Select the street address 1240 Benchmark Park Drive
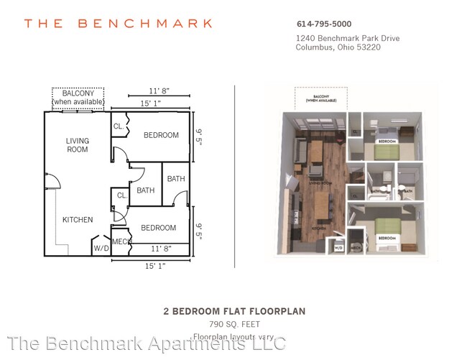[338, 38]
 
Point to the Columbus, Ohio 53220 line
[338, 48]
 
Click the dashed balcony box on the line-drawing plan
[78, 98]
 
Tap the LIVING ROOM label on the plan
[78, 145]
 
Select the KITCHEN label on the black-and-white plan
[78, 219]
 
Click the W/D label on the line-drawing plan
[101, 248]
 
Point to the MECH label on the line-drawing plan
[121, 241]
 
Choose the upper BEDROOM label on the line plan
[161, 135]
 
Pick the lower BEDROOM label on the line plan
[158, 228]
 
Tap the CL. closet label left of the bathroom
[122, 195]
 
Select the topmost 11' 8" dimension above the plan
[159, 92]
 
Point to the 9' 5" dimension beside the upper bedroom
[199, 135]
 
